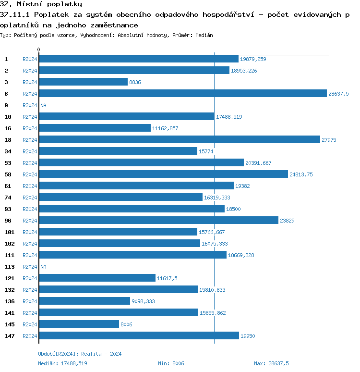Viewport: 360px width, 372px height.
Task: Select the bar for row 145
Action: [x=79, y=324]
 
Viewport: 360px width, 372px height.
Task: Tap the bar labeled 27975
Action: [x=180, y=140]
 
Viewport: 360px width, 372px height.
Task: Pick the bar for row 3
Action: [x=83, y=82]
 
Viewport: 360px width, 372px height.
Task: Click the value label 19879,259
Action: [x=253, y=59]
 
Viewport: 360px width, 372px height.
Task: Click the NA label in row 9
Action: [x=43, y=105]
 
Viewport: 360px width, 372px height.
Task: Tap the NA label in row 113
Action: [x=43, y=267]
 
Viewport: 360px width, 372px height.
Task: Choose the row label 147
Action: [x=9, y=336]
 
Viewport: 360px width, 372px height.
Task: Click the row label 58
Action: [x=8, y=174]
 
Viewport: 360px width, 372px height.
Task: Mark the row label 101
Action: [x=9, y=232]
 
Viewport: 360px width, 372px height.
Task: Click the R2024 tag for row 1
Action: [x=30, y=59]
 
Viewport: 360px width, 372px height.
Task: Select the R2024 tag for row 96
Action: [x=30, y=221]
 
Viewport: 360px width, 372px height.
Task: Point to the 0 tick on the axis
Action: [x=39, y=50]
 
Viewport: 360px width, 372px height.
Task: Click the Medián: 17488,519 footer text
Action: [x=62, y=363]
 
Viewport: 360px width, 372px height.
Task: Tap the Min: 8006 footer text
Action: [x=171, y=363]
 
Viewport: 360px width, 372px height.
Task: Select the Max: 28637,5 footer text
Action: [x=271, y=363]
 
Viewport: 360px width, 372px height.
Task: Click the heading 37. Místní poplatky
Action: [x=41, y=4]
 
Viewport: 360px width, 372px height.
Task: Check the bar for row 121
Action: [x=97, y=278]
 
